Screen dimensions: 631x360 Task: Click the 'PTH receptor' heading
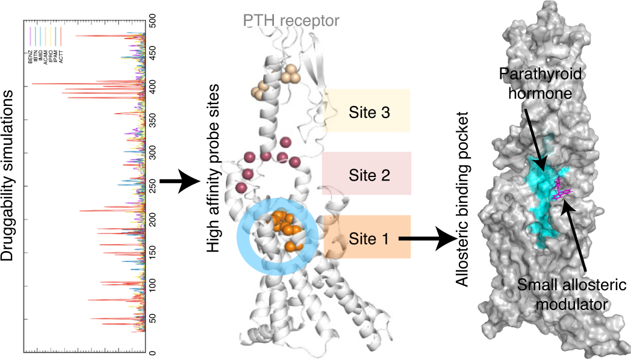[x=291, y=21]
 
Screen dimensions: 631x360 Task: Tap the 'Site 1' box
[x=367, y=238]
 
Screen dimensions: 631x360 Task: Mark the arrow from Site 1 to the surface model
[x=427, y=239]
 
